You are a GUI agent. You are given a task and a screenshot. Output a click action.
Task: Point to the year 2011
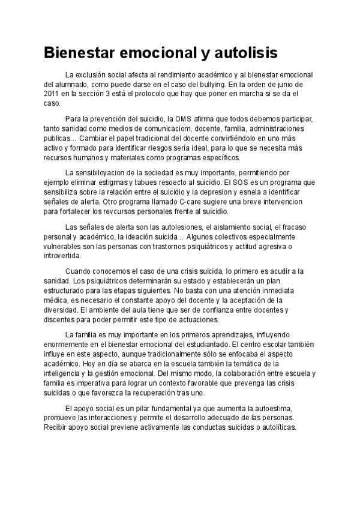(x=53, y=94)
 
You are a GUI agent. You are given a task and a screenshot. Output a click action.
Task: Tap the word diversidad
(x=62, y=310)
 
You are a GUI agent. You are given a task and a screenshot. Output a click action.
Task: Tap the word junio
(x=296, y=85)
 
